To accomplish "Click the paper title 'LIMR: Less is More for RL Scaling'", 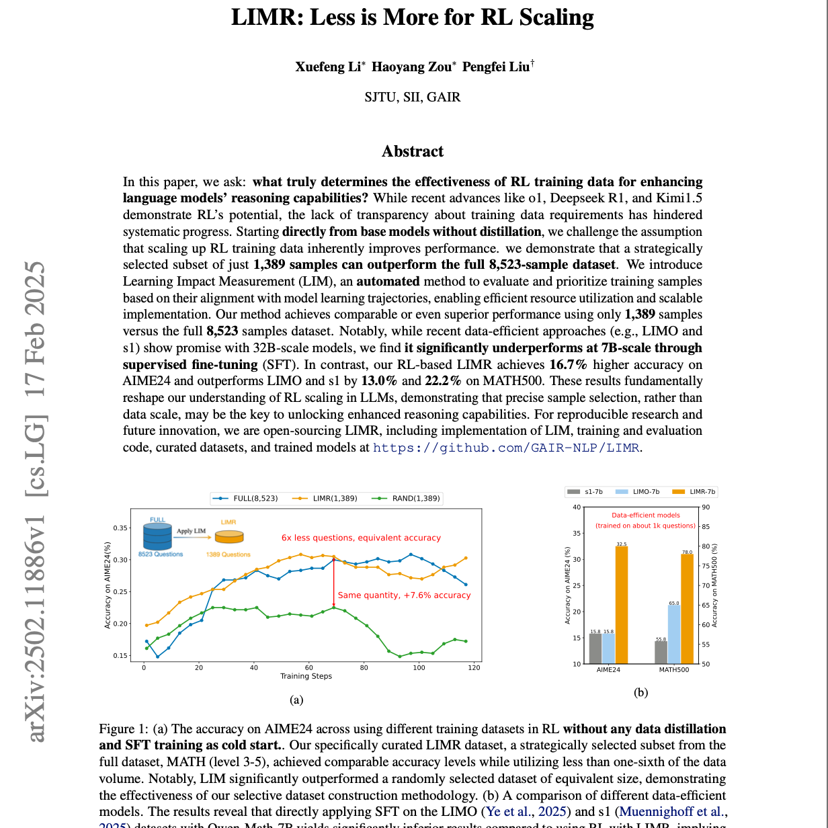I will point(413,17).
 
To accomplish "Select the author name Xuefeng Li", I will point(328,67).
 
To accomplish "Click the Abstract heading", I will point(413,151).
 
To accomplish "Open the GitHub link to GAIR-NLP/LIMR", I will point(507,448).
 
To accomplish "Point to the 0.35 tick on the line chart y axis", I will point(120,528).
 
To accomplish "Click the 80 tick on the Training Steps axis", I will point(364,667).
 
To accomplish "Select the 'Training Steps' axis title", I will point(306,676).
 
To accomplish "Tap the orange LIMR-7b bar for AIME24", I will point(622,605).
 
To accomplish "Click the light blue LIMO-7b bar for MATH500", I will point(674,634).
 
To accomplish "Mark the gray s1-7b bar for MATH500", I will point(661,653).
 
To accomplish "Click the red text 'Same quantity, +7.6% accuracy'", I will point(404,595).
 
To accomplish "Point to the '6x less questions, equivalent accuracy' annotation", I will point(361,538).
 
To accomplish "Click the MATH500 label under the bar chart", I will point(673,670).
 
